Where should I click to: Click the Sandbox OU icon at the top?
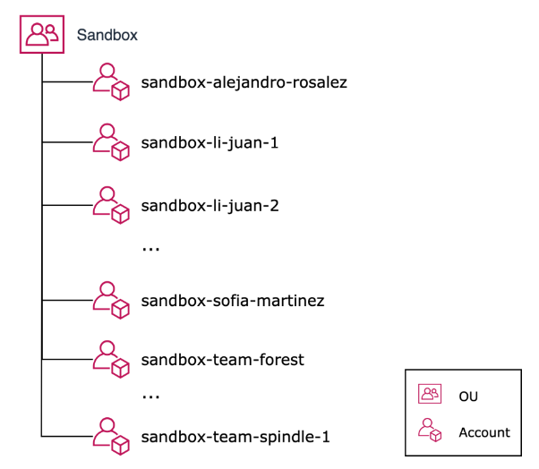(x=42, y=35)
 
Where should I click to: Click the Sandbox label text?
(x=107, y=35)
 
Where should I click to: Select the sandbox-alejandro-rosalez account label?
(x=244, y=82)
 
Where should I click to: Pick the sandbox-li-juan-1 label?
(x=210, y=143)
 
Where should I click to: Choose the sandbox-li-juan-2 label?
(x=210, y=205)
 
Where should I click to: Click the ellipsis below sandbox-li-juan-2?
(x=150, y=249)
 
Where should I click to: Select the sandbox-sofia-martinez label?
(x=232, y=300)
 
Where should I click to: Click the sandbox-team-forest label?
(x=223, y=360)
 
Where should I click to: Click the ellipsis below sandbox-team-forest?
(x=150, y=395)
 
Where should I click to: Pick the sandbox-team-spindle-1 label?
(x=235, y=437)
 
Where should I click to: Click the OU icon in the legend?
(x=431, y=394)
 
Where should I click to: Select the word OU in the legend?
(x=468, y=395)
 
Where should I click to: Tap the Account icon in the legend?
(x=431, y=431)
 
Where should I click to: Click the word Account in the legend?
(x=484, y=432)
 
